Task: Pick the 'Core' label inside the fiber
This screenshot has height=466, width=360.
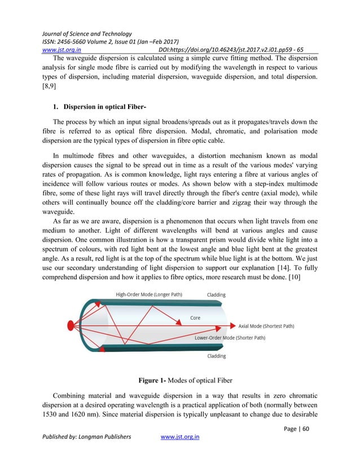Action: pos(195,318)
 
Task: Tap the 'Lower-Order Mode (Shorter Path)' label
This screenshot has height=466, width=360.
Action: pos(230,338)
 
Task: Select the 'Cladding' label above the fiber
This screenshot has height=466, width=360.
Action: pos(216,294)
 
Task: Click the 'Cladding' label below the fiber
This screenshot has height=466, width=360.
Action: pos(216,356)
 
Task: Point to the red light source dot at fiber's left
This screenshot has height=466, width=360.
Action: pos(71,325)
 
